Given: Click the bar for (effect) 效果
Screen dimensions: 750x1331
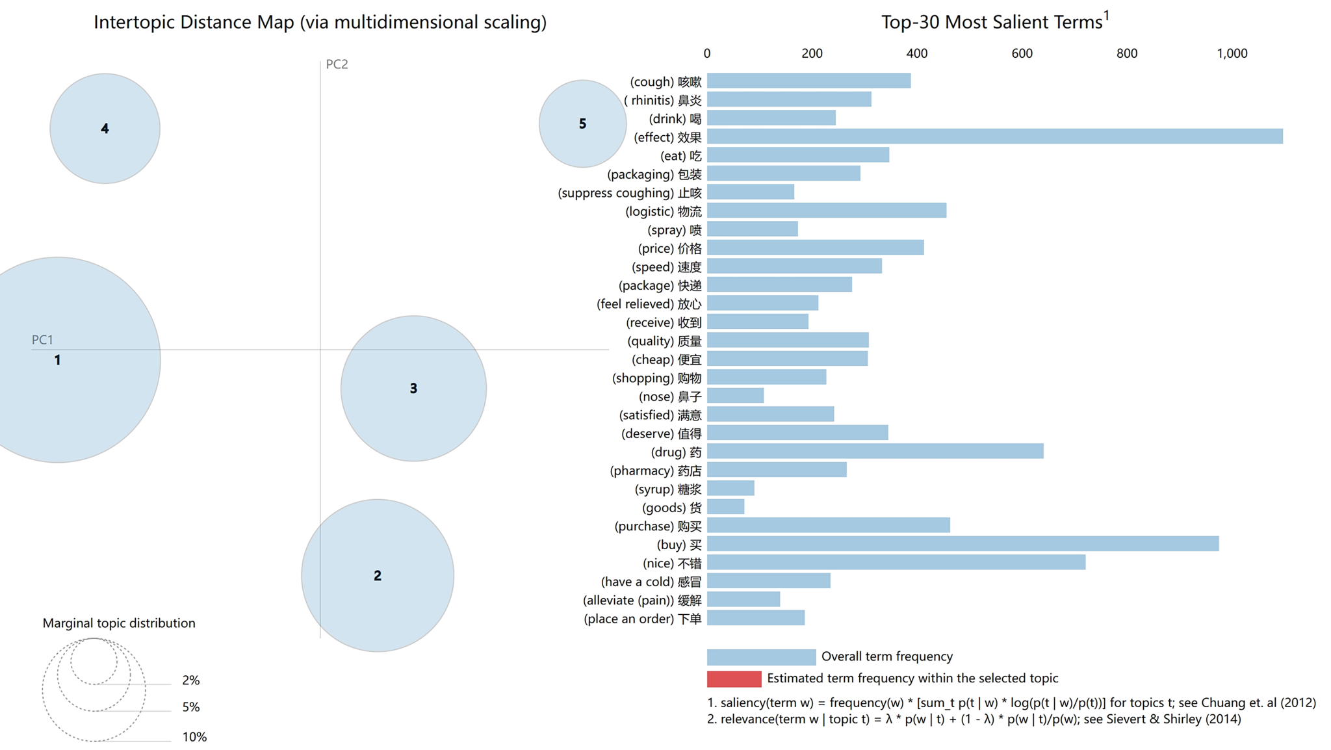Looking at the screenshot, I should pyautogui.click(x=994, y=136).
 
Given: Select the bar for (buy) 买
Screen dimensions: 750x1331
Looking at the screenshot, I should pyautogui.click(x=963, y=544).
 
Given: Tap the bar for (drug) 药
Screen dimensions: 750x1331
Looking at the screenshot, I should pyautogui.click(x=875, y=452).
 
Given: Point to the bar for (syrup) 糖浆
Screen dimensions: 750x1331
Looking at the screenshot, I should pyautogui.click(x=730, y=489).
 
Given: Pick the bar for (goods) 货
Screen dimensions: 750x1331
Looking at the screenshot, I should pyautogui.click(x=725, y=507).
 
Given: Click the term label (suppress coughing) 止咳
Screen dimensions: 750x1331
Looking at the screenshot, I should pyautogui.click(x=629, y=193).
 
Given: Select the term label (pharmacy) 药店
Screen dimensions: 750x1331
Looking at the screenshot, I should pyautogui.click(x=655, y=471).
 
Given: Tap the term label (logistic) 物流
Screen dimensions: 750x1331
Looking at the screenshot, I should pyautogui.click(x=663, y=211).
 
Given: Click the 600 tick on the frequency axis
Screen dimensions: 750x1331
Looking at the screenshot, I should pyautogui.click(x=1022, y=53).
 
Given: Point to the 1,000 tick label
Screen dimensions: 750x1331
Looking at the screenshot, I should pyautogui.click(x=1232, y=53).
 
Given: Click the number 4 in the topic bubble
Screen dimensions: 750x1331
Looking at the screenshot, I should pyautogui.click(x=105, y=129).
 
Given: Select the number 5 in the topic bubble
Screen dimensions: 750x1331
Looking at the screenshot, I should pyautogui.click(x=582, y=123).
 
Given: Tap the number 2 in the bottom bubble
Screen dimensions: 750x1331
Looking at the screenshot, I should pyautogui.click(x=377, y=575).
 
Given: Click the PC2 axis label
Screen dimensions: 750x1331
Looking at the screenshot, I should pyautogui.click(x=337, y=64).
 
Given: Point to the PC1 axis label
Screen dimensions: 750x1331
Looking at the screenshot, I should pyautogui.click(x=42, y=339).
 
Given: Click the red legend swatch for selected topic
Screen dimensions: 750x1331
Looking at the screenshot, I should pyautogui.click(x=734, y=679).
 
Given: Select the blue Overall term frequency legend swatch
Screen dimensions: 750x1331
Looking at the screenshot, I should pyautogui.click(x=761, y=656).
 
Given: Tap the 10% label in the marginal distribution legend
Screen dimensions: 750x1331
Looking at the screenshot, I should pyautogui.click(x=194, y=736).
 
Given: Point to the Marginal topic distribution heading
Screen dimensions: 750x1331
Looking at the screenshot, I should pyautogui.click(x=119, y=623).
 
